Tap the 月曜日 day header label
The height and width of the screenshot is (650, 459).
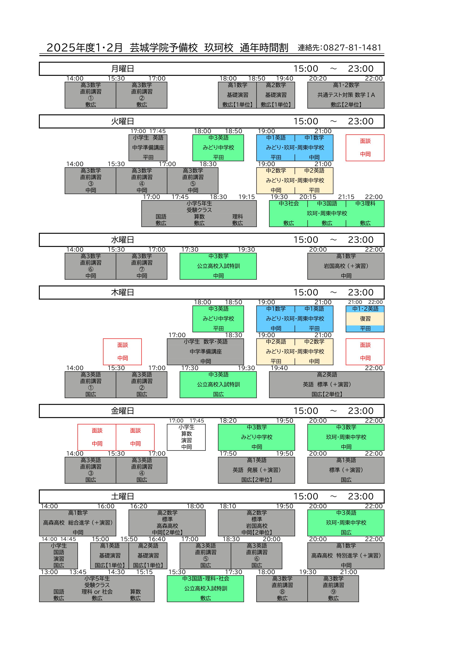pyautogui.click(x=122, y=69)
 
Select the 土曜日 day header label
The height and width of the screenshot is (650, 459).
pyautogui.click(x=122, y=496)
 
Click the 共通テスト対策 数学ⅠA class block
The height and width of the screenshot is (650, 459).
pyautogui.click(x=346, y=95)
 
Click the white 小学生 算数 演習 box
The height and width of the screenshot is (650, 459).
pyautogui.click(x=186, y=437)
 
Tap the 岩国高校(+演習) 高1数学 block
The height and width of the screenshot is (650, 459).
pyautogui.click(x=346, y=266)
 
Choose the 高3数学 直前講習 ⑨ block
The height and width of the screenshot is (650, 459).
pyautogui.click(x=333, y=588)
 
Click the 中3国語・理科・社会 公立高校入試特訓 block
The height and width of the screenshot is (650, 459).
pyautogui.click(x=205, y=588)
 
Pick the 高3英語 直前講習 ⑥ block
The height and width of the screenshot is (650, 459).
pyautogui.click(x=256, y=555)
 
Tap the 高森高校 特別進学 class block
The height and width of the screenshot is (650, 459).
pyautogui.click(x=346, y=555)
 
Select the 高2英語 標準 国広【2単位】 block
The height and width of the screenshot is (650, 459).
pyautogui.click(x=326, y=384)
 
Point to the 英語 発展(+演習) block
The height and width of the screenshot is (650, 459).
pyautogui.click(x=256, y=470)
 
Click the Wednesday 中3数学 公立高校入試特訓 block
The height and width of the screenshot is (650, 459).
pyautogui.click(x=218, y=266)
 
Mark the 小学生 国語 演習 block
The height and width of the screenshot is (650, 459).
pyautogui.click(x=58, y=555)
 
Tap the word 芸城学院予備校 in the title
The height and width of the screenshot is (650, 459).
pyautogui.click(x=164, y=48)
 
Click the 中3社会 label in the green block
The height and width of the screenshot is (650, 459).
pyautogui.click(x=289, y=204)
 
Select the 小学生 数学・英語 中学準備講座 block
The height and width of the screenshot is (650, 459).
pyautogui.click(x=205, y=351)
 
